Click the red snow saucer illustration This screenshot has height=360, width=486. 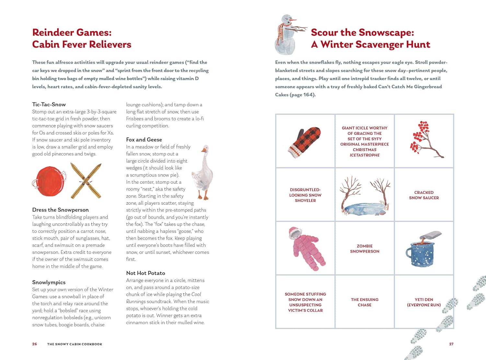[x=49, y=181]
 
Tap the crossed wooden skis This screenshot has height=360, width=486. [x=86, y=181]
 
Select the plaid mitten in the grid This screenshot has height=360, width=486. [x=305, y=142]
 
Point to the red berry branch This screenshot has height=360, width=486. [x=425, y=139]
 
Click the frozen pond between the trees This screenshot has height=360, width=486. [x=365, y=209]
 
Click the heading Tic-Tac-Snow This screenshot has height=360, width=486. [x=49, y=104]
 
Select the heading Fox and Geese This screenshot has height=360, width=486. [x=144, y=139]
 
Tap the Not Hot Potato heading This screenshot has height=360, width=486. [x=145, y=273]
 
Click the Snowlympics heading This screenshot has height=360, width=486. [x=49, y=282]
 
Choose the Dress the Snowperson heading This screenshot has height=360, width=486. [x=61, y=210]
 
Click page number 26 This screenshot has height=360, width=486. [x=35, y=344]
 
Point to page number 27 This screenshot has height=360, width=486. [x=451, y=344]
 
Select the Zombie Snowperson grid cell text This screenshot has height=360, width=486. [x=364, y=248]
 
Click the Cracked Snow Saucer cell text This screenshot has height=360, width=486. [x=424, y=195]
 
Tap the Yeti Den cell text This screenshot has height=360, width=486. [x=424, y=302]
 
